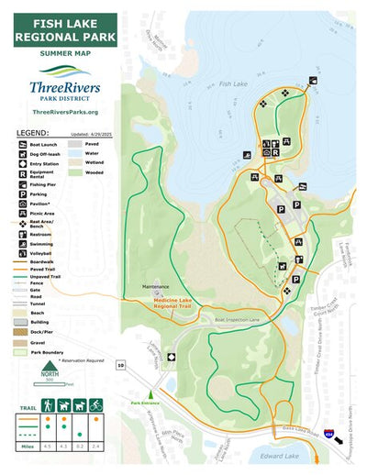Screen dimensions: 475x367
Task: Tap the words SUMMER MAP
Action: (65, 55)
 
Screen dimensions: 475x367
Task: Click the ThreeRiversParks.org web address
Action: (65, 111)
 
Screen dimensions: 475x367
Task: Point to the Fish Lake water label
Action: (233, 84)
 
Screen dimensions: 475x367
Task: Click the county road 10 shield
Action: (121, 364)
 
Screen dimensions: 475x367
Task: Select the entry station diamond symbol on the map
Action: (171, 358)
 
